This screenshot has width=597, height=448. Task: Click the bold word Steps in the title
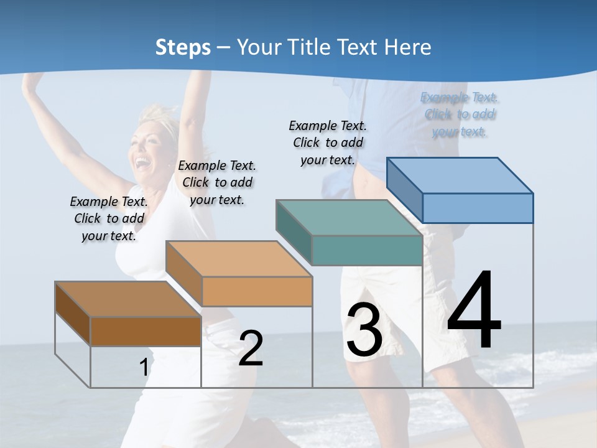pyautogui.click(x=183, y=47)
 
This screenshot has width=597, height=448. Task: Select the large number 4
pyautogui.click(x=474, y=310)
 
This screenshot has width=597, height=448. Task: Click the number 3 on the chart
pyautogui.click(x=364, y=330)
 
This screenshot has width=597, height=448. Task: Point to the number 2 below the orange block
pyautogui.click(x=251, y=348)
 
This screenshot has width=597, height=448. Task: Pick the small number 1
pyautogui.click(x=144, y=368)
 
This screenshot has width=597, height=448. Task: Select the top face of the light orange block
pyautogui.click(x=239, y=259)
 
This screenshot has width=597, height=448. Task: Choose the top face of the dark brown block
pyautogui.click(x=128, y=299)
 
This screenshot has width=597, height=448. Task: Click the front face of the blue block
pyautogui.click(x=478, y=208)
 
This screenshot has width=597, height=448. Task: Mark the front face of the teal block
pyautogui.click(x=367, y=250)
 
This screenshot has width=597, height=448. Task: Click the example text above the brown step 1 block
pyautogui.click(x=109, y=218)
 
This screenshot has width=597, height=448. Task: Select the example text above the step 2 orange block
pyautogui.click(x=217, y=182)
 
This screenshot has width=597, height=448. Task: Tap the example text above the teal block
pyautogui.click(x=328, y=142)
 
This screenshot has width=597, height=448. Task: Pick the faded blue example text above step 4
pyautogui.click(x=460, y=114)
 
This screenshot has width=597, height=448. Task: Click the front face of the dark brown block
pyautogui.click(x=146, y=331)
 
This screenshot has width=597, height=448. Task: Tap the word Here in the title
pyautogui.click(x=408, y=47)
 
